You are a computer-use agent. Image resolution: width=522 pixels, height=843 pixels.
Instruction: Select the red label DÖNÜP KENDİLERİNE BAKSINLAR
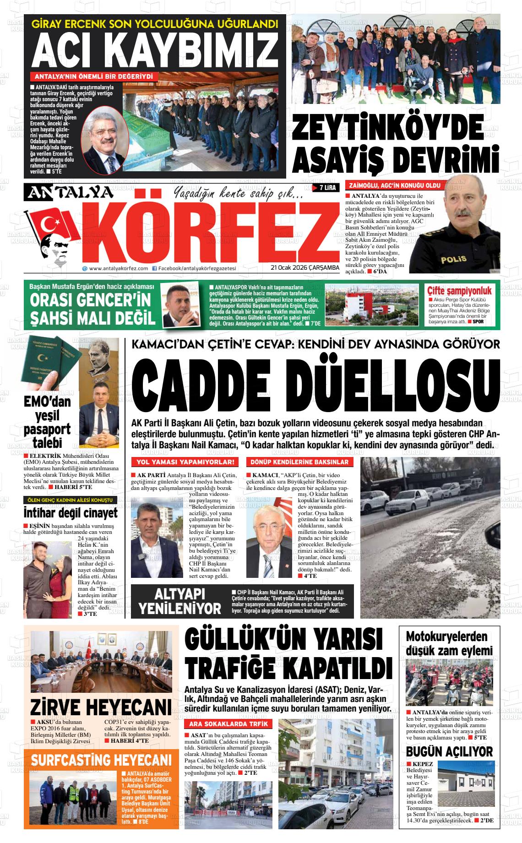click(x=299, y=462)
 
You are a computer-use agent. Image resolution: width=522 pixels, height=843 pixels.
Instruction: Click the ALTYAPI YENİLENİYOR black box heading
click(x=179, y=601)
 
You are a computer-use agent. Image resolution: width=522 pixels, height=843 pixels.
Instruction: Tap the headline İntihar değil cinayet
click(x=71, y=512)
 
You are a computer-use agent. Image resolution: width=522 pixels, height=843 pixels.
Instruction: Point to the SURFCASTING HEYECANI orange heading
click(x=101, y=761)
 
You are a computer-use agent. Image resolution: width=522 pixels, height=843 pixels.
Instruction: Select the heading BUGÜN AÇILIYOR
click(x=449, y=751)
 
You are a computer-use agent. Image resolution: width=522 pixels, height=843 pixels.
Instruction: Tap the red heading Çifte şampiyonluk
click(x=459, y=291)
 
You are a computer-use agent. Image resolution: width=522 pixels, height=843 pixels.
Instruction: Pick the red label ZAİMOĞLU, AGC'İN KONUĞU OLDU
click(x=395, y=185)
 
